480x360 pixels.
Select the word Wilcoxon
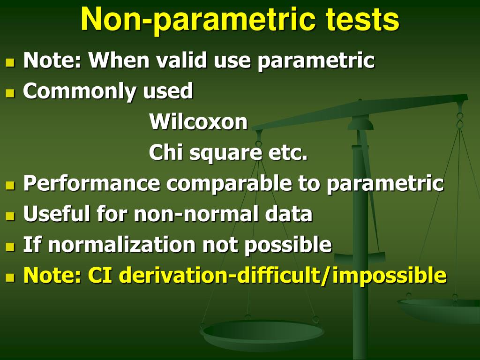(x=198, y=121)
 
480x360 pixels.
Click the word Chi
(x=166, y=152)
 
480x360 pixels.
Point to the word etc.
(x=288, y=153)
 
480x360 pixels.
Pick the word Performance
(x=92, y=183)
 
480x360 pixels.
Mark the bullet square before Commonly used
(x=10, y=93)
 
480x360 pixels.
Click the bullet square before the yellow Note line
(x=10, y=277)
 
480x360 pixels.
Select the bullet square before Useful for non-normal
(x=10, y=216)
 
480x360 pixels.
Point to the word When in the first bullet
(x=119, y=60)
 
